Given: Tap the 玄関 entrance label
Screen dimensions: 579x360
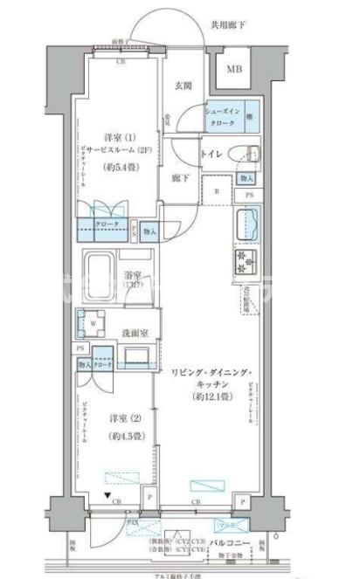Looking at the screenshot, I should coord(183,85).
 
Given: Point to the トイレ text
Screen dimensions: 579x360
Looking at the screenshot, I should coord(213,154).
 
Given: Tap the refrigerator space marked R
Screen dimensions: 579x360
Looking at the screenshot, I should coord(216,190).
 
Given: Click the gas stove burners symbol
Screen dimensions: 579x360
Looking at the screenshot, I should coord(244,260).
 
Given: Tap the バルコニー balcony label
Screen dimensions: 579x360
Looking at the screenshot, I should coord(232,544).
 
